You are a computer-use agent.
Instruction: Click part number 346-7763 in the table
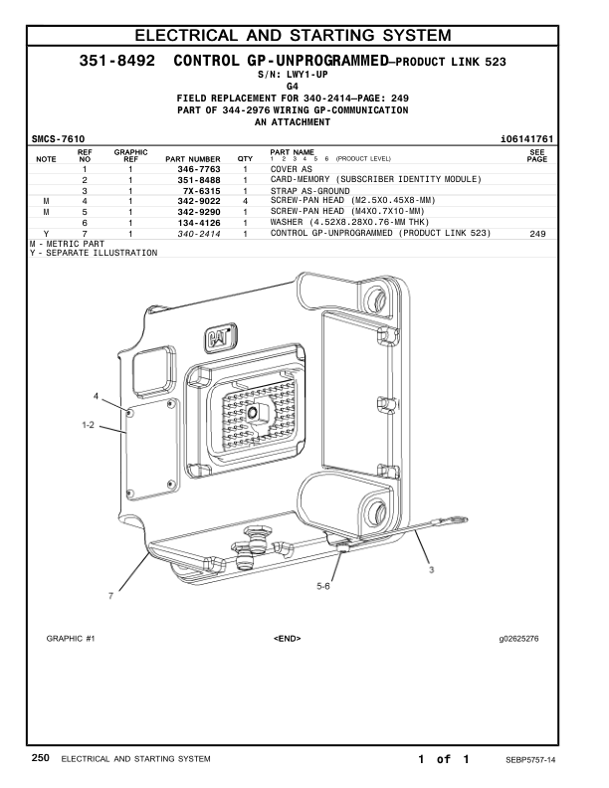tap(199, 169)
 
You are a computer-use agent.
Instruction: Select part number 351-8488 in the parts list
tap(199, 180)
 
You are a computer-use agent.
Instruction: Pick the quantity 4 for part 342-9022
tap(245, 201)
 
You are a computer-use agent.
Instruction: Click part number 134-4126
tap(199, 223)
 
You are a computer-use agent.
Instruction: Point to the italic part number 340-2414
tap(199, 234)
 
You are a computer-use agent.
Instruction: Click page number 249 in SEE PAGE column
tap(538, 234)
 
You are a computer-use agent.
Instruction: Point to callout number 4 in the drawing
tap(97, 397)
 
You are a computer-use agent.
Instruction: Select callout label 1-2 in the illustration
tap(88, 425)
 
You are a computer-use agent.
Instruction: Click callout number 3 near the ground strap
tap(431, 570)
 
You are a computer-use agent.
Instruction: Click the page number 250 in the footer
tap(41, 759)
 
